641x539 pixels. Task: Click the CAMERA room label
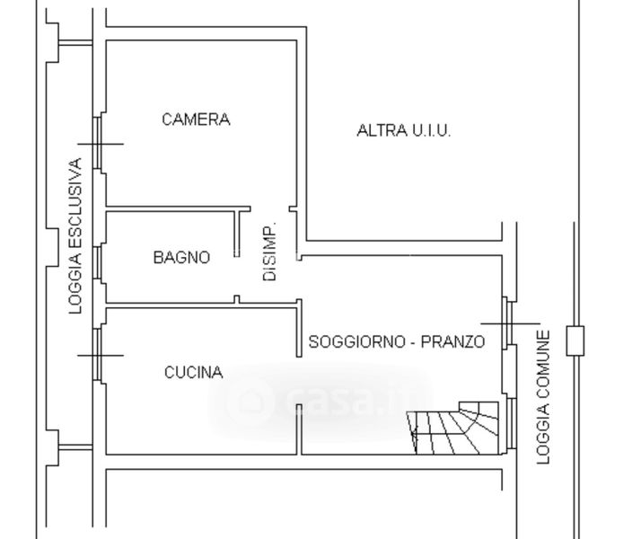tap(196, 119)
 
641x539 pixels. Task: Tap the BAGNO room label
tap(181, 258)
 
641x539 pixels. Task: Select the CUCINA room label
tap(193, 373)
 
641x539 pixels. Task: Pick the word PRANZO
tap(453, 342)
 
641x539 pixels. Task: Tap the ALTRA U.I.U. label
tap(404, 131)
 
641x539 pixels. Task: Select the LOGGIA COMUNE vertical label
tap(543, 397)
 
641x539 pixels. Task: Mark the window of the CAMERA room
tap(101, 144)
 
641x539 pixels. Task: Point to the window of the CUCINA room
tap(100, 355)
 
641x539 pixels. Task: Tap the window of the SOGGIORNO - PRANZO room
tap(508, 323)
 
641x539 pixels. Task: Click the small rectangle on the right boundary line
tap(575, 340)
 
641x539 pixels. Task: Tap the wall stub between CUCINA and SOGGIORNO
tap(299, 332)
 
